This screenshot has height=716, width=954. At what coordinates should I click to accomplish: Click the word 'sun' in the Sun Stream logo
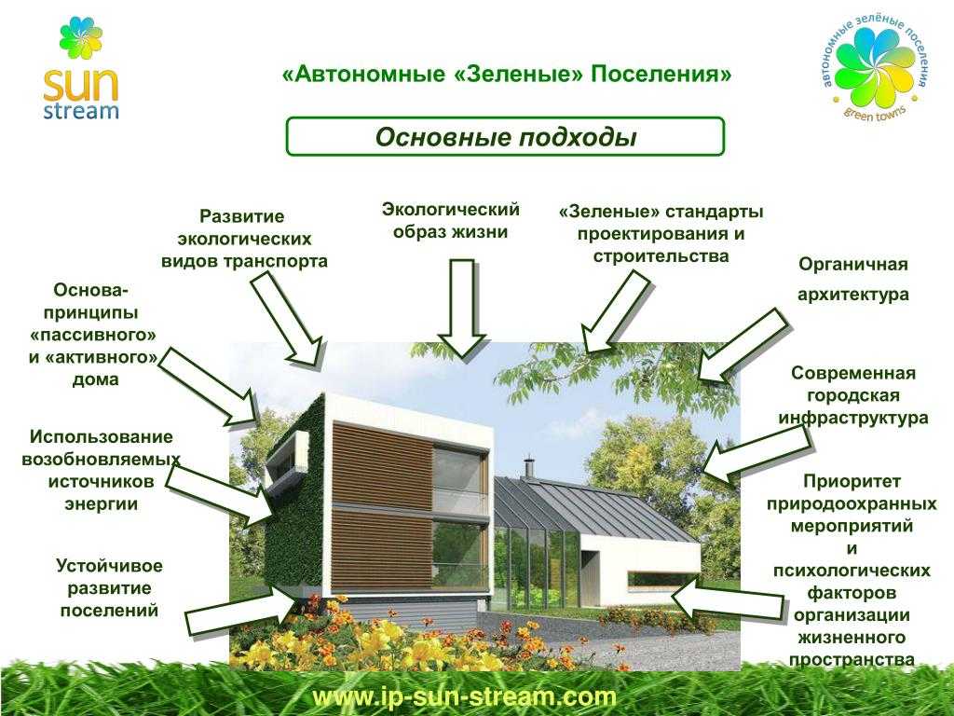pyautogui.click(x=80, y=84)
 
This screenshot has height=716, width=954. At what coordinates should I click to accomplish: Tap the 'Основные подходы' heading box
pyautogui.click(x=505, y=136)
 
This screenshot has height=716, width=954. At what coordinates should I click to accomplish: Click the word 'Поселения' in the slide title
pyautogui.click(x=661, y=75)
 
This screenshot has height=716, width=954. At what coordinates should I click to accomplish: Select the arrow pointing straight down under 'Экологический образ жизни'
pyautogui.click(x=462, y=308)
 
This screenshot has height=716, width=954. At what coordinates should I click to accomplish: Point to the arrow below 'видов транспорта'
pyautogui.click(x=287, y=319)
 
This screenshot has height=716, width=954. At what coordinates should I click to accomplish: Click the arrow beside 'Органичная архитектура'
pyautogui.click(x=743, y=345)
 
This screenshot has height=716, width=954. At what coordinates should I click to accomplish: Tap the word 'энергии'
pyautogui.click(x=101, y=504)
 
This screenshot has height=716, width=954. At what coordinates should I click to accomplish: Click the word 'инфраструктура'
pyautogui.click(x=853, y=418)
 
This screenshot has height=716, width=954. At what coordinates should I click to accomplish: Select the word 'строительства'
pyautogui.click(x=661, y=255)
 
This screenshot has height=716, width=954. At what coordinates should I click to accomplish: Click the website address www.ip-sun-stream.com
pyautogui.click(x=465, y=696)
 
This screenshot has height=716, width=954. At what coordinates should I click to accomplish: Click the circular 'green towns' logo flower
pyautogui.click(x=875, y=67)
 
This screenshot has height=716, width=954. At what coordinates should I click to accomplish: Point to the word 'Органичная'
pyautogui.click(x=853, y=264)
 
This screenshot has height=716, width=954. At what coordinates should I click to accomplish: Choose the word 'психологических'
pyautogui.click(x=852, y=571)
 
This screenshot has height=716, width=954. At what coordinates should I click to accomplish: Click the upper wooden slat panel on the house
pyautogui.click(x=381, y=466)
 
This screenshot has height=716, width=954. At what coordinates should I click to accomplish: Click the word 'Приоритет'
pyautogui.click(x=852, y=481)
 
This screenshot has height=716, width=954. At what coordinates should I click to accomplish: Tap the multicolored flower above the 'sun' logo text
pyautogui.click(x=81, y=39)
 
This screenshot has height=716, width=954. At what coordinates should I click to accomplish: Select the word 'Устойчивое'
pyautogui.click(x=110, y=566)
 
